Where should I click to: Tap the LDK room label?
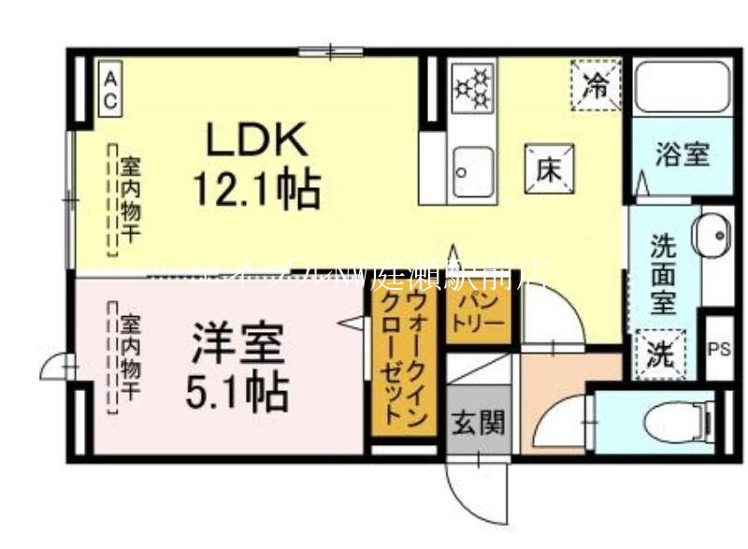coord(255,141)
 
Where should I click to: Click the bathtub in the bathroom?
coord(682,90)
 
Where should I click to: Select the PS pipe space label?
coord(718,350)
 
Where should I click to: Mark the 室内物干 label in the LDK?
coord(123,201)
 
